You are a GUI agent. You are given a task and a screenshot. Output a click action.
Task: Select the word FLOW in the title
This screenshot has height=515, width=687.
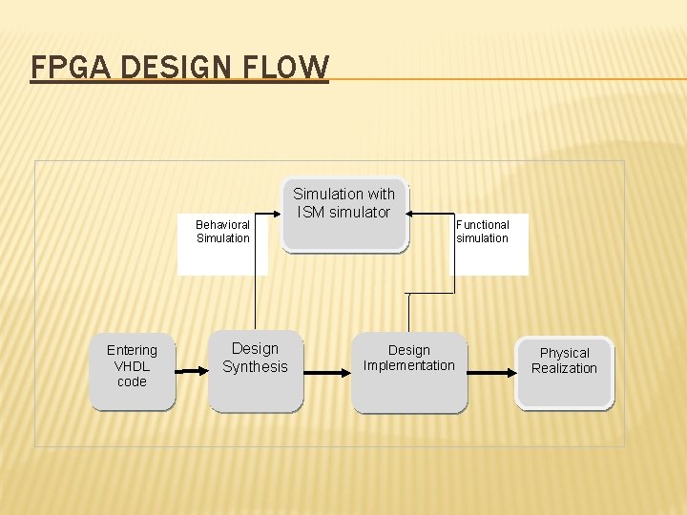[289, 68]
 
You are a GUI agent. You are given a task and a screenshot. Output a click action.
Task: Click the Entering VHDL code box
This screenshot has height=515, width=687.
[133, 372]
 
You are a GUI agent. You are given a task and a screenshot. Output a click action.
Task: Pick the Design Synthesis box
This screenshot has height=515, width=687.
[255, 372]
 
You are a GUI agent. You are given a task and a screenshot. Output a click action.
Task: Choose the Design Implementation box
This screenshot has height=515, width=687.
[409, 372]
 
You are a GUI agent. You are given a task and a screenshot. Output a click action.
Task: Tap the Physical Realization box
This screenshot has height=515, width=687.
[565, 372]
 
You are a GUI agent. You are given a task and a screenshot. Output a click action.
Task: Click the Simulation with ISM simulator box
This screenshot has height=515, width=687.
[344, 216]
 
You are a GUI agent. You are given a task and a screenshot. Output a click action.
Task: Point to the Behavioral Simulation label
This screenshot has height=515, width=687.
[222, 232]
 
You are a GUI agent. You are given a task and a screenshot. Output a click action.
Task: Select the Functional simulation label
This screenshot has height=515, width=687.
[483, 232]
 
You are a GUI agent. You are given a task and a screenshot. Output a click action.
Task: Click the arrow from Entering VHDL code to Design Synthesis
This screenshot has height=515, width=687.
[193, 371]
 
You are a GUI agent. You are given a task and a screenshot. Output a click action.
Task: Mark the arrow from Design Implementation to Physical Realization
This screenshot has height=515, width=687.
[491, 372]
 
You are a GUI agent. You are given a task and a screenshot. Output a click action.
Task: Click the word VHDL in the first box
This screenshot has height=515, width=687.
[132, 366]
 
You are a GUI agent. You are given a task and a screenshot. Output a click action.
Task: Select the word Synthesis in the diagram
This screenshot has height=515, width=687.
[255, 367]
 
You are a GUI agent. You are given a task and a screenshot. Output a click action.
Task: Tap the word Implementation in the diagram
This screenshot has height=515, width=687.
[409, 365]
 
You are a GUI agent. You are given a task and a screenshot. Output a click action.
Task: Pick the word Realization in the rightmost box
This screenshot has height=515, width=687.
[564, 368]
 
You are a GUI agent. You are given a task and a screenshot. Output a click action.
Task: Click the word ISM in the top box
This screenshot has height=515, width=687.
[312, 212]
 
